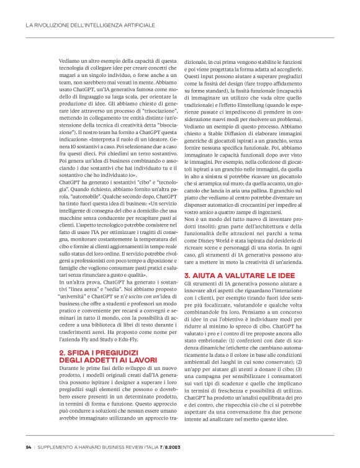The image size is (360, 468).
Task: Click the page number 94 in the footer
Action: (x=29, y=448)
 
